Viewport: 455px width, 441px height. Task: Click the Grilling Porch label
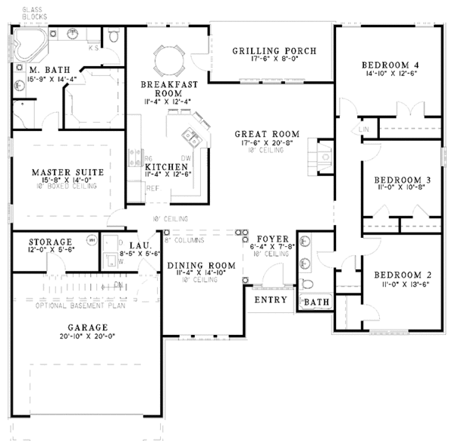pyautogui.click(x=273, y=52)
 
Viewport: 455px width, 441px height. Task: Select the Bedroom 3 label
pyautogui.click(x=403, y=180)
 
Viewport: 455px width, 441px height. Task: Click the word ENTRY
pyautogui.click(x=271, y=300)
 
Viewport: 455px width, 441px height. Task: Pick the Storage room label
pyautogui.click(x=50, y=242)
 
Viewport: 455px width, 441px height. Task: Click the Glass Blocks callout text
pyautogui.click(x=33, y=11)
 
